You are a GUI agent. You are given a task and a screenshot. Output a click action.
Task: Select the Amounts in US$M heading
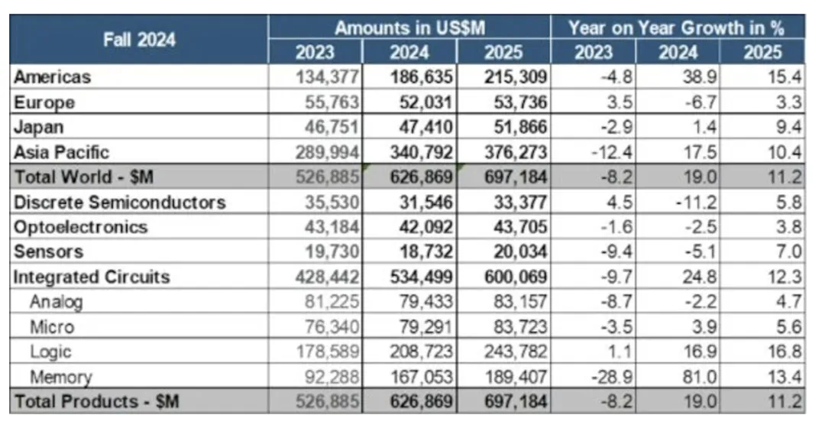point(409,28)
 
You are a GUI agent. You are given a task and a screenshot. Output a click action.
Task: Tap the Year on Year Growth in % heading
point(677,28)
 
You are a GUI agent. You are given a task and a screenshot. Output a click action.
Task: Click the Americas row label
point(53,76)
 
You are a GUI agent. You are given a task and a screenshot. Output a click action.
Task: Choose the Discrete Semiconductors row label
point(120,203)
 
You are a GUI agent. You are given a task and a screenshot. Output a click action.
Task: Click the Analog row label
point(56,301)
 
